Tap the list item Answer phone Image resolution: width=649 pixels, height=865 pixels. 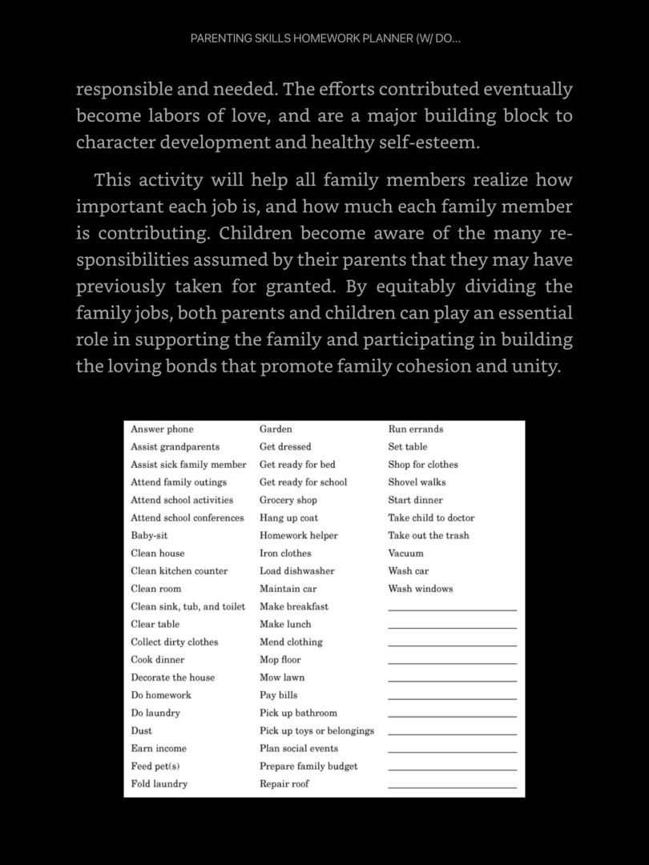[x=162, y=429]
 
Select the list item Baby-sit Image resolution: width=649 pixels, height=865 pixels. [x=149, y=536]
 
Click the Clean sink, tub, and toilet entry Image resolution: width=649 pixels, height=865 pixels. [x=188, y=606]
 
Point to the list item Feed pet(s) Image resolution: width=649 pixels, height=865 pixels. [x=153, y=766]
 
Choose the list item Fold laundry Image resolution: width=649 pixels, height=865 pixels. [x=159, y=784]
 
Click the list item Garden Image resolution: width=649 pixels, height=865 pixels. [x=276, y=429]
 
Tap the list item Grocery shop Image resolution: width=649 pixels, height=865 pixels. [x=288, y=500]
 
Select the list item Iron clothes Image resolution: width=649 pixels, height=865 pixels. [x=285, y=553]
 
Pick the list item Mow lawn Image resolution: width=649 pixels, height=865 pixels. [x=282, y=678]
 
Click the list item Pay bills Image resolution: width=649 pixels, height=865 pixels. [x=278, y=695]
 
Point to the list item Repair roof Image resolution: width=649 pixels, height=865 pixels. [x=284, y=784]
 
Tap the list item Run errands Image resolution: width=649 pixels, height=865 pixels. [x=415, y=429]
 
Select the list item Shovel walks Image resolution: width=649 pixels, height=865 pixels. [x=417, y=482]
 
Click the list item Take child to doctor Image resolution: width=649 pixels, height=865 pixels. [x=431, y=518]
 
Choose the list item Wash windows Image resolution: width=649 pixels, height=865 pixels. [x=421, y=589]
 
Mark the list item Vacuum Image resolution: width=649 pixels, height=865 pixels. [x=406, y=553]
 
